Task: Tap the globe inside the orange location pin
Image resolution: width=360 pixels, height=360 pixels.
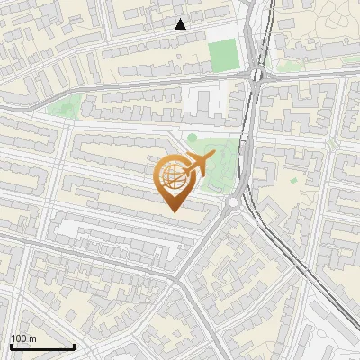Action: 175,180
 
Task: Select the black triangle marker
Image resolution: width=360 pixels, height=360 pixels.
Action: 181,24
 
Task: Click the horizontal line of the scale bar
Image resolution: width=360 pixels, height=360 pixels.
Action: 42,347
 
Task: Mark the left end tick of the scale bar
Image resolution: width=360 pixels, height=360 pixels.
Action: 11,346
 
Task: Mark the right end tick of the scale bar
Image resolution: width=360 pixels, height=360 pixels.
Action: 74,346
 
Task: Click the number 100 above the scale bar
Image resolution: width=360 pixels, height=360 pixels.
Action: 17,338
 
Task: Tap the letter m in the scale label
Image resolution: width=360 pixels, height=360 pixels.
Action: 31,338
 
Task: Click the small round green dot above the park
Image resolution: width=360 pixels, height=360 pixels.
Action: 192,138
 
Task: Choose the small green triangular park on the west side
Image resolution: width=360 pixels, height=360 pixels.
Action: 63,107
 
